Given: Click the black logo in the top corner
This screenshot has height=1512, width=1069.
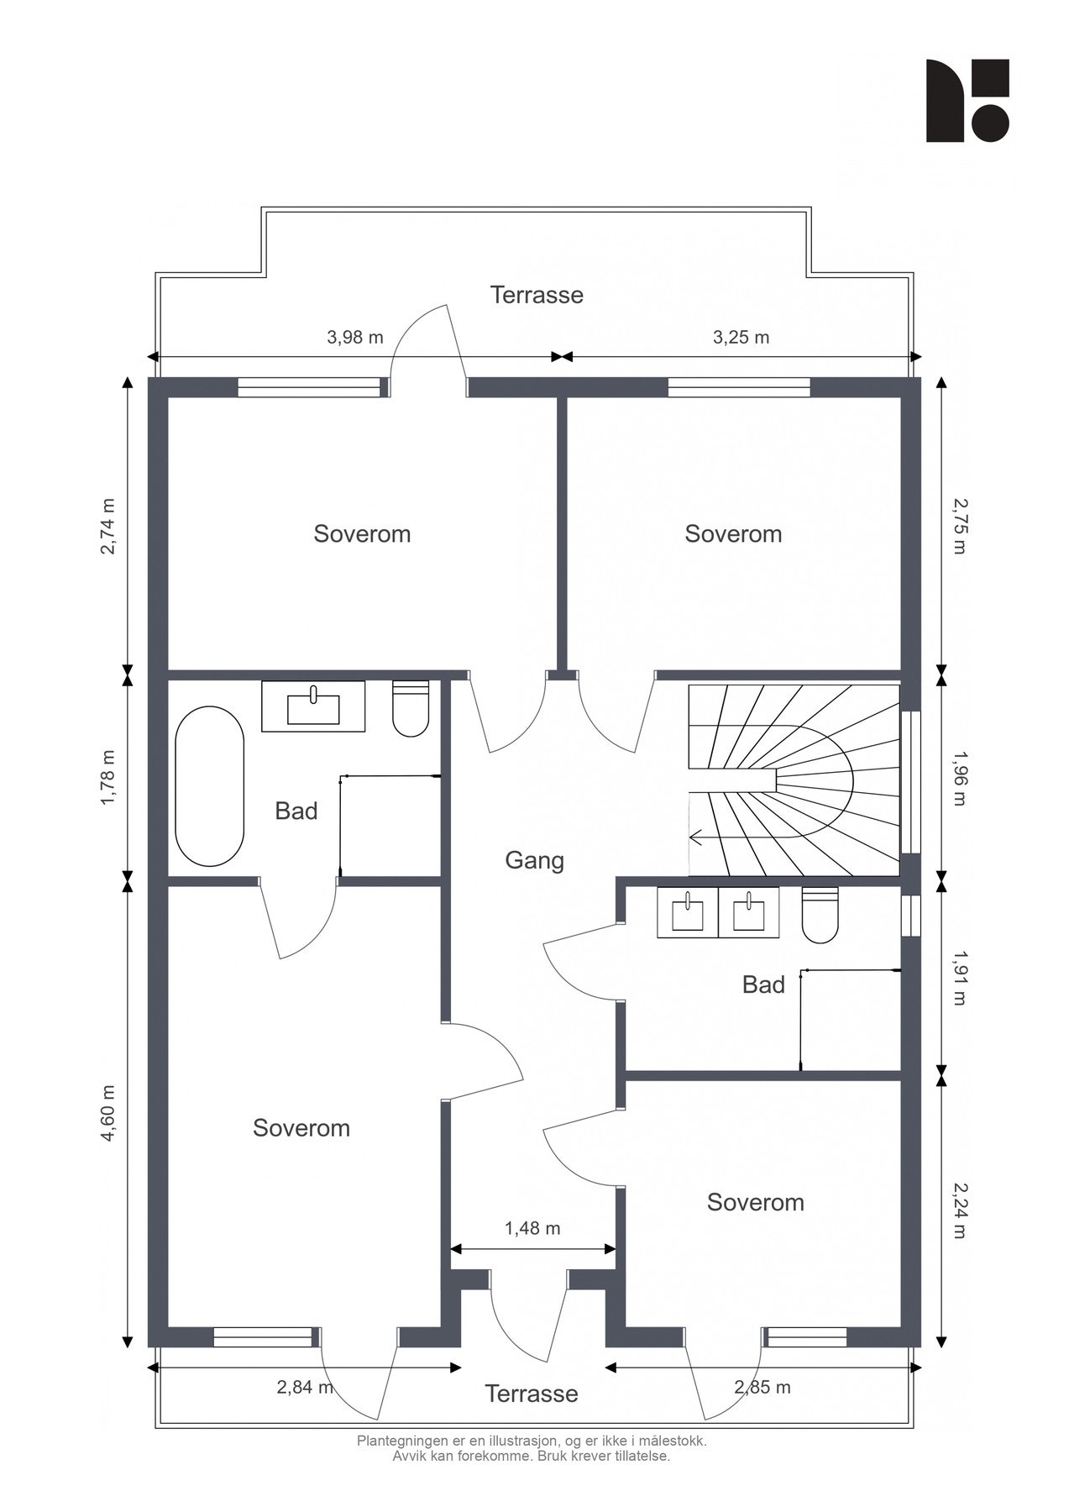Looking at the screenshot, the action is (967, 100).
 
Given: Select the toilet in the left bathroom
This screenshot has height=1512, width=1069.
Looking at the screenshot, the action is (411, 708).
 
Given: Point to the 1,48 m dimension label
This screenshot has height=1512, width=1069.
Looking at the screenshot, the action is (532, 1228).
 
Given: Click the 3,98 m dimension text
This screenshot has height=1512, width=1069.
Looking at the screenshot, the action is (354, 337).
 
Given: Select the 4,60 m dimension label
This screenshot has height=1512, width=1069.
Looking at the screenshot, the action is (107, 1114).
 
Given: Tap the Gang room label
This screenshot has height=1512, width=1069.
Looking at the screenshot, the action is (534, 860).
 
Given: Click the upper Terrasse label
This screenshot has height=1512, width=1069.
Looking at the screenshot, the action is (537, 295).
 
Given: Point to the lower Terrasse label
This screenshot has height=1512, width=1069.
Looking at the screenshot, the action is (532, 1394).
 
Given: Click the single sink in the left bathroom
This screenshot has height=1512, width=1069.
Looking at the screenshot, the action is (313, 706).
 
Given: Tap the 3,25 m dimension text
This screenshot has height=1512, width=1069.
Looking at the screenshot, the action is (741, 337).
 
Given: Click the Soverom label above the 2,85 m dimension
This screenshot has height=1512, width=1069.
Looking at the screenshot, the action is (756, 1202).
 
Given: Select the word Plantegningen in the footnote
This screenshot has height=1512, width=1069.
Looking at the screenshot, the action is (406, 1441).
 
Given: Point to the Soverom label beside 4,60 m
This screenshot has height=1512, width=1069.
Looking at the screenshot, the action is (301, 1127).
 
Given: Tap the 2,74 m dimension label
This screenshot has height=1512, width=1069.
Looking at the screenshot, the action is (107, 527).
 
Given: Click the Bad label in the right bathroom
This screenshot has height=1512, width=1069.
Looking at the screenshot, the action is (763, 984).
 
